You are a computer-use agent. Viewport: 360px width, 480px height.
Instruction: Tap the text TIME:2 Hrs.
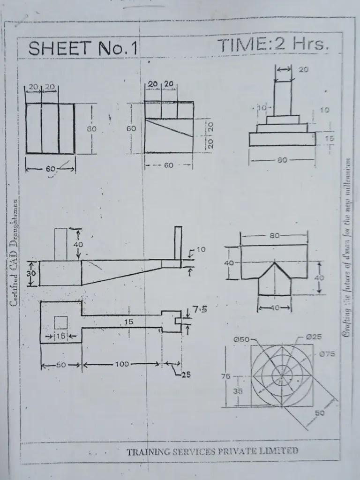click(x=273, y=45)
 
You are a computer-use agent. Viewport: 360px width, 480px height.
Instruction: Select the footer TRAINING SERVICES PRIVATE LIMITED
click(x=212, y=451)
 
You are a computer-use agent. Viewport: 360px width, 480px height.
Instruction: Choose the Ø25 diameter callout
click(x=313, y=337)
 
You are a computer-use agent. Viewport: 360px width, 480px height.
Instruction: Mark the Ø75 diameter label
click(x=327, y=354)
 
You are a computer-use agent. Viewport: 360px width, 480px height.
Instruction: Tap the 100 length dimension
click(x=122, y=364)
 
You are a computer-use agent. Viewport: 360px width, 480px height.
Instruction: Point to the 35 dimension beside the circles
click(x=238, y=390)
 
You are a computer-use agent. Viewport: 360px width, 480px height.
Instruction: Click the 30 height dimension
click(x=31, y=273)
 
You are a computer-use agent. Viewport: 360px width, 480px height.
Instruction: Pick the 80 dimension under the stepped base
click(x=282, y=160)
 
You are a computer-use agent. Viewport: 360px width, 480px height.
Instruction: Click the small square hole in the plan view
click(x=61, y=322)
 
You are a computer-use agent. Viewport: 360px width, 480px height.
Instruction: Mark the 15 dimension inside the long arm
click(x=128, y=322)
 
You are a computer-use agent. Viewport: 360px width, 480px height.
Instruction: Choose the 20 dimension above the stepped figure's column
click(x=303, y=69)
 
